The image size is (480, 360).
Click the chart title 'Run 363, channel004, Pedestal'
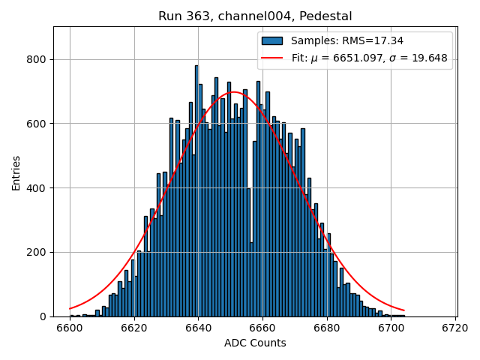pos(255,16)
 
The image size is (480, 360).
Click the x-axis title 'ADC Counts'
pos(255,343)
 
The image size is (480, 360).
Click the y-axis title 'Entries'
pos(16,172)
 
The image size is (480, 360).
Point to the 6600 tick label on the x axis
pos(70,328)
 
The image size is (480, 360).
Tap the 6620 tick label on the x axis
pos(134,328)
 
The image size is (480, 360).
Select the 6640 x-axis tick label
pos(198,328)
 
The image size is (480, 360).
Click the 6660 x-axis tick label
pos(262,328)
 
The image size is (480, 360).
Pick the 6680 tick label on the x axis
pos(327,328)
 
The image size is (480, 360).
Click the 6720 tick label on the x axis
pos(455,328)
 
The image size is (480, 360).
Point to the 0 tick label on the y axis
pos(44,316)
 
